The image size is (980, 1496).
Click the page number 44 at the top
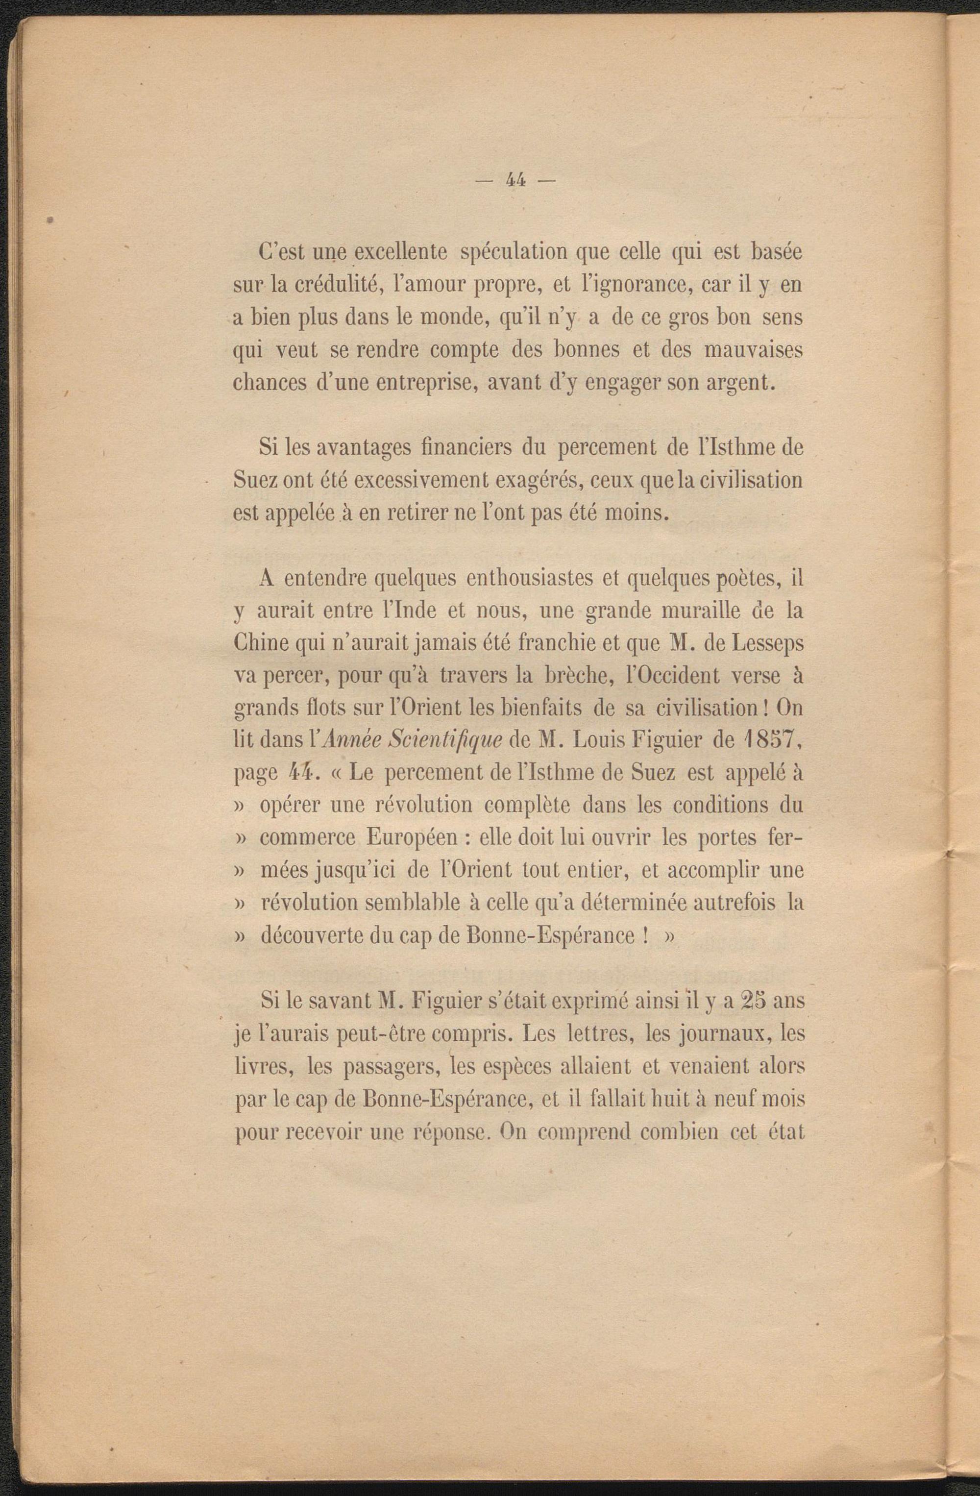tap(514, 180)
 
